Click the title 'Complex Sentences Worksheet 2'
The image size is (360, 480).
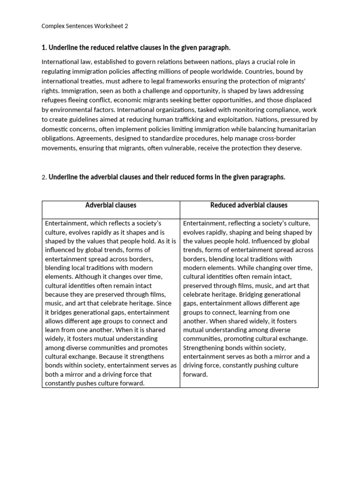(x=84, y=26)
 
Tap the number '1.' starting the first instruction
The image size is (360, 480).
(x=45, y=48)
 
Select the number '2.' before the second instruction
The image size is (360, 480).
(x=45, y=177)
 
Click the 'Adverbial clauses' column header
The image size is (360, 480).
(x=111, y=205)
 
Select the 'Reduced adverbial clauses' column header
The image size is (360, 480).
(x=249, y=205)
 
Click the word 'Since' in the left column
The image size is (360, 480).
(x=164, y=303)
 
